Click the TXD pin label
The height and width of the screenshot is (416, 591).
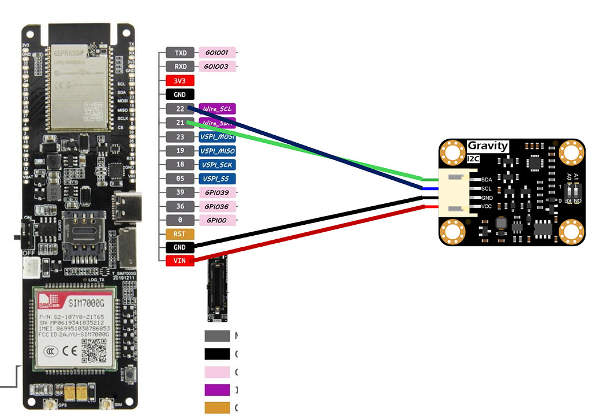180,53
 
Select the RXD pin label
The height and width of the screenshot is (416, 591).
180,66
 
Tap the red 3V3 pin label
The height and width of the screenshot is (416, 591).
180,81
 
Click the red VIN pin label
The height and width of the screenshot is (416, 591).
180,261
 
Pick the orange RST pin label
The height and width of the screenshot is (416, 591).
180,234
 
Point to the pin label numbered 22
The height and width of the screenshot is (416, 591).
180,109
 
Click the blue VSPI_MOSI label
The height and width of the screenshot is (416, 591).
217,137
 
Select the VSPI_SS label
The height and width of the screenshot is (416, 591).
217,179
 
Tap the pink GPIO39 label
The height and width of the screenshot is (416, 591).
217,192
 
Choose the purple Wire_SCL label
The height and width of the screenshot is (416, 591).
217,109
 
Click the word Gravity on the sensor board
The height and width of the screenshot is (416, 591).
488,146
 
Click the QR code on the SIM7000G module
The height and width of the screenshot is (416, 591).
93,349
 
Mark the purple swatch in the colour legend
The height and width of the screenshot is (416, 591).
217,389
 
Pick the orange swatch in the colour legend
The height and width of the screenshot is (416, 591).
217,407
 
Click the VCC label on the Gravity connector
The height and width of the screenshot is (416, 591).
486,206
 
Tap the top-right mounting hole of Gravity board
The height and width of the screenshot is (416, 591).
572,153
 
